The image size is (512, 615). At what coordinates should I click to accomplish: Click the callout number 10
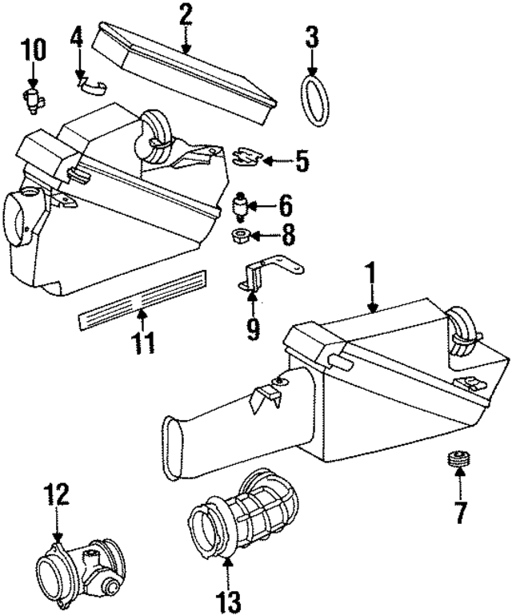pos(33,50)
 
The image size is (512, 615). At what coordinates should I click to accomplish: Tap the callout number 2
pos(186,14)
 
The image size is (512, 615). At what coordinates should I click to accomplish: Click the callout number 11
pos(142,343)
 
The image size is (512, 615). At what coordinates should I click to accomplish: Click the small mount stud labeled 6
pos(241,206)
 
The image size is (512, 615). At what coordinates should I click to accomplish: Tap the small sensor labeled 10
pos(34,100)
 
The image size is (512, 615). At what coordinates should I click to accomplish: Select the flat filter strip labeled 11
pos(143,300)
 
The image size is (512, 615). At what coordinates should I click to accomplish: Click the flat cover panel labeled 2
pos(184,73)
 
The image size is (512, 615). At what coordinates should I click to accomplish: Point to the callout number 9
pos(253,328)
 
